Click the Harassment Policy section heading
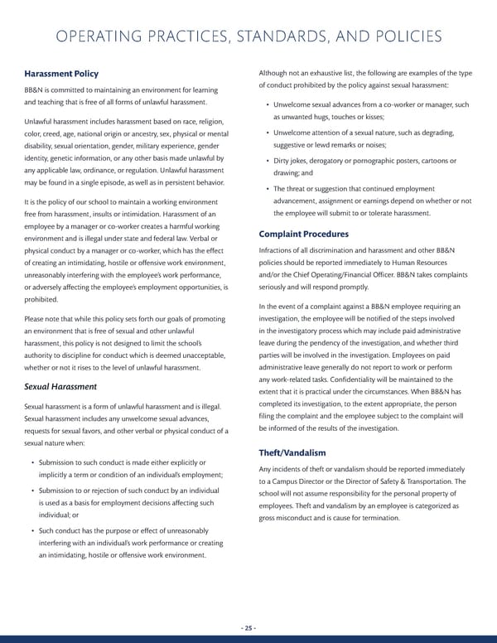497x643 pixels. click(x=62, y=74)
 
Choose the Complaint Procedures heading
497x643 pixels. click(x=303, y=234)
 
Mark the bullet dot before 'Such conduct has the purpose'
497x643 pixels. click(x=31, y=530)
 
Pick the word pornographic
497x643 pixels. click(x=375, y=160)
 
